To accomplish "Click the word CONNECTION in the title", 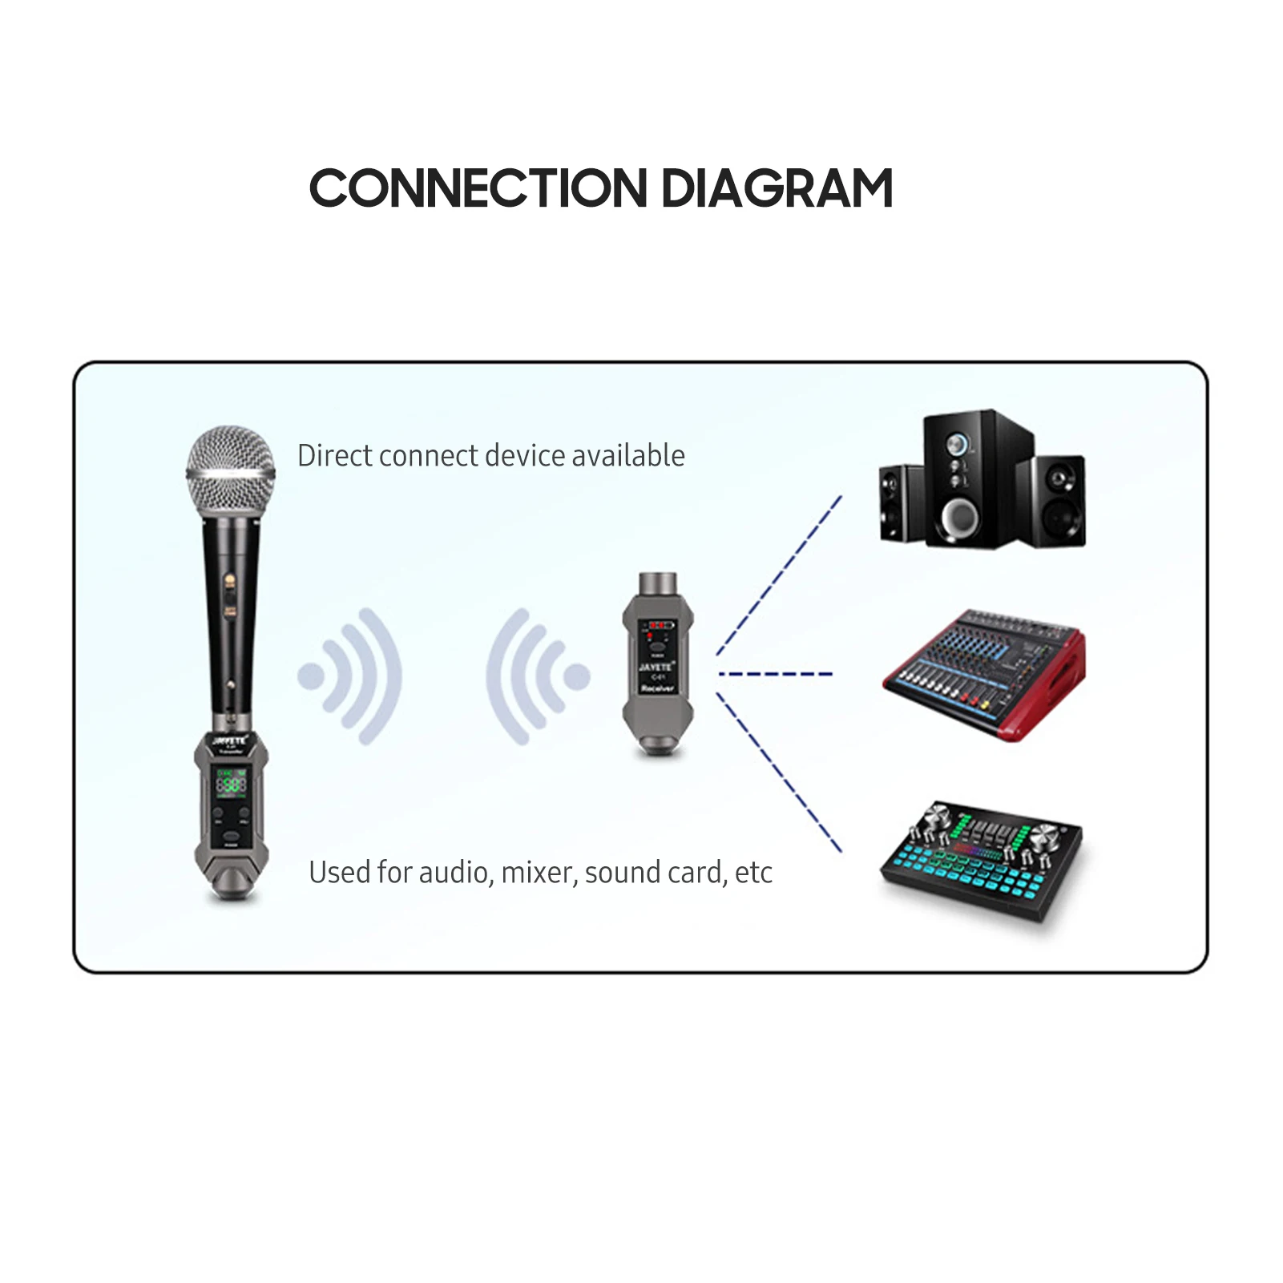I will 478,189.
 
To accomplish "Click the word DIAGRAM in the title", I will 777,189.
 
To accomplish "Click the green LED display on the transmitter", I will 231,784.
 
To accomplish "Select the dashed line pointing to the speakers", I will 779,575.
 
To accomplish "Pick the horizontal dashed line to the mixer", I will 776,674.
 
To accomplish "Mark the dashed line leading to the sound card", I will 779,773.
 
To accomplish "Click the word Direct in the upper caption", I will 334,456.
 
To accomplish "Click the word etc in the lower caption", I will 753,873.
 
